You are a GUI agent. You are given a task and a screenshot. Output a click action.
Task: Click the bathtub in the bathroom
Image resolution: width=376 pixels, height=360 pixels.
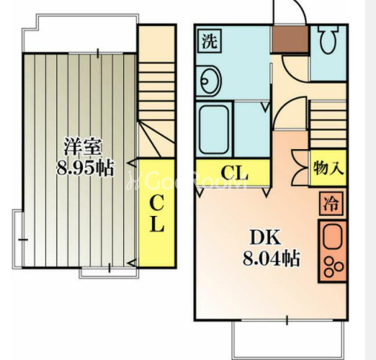coord(214,130)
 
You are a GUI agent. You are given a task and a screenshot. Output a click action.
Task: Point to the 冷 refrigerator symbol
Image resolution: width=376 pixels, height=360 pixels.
coord(331,204)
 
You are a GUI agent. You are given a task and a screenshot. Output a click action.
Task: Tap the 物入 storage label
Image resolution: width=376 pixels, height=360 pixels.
coord(328,168)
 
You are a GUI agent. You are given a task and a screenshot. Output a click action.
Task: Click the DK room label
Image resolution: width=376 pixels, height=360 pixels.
coord(265,238)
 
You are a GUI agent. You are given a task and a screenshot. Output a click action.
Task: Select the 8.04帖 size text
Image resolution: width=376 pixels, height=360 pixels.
coord(272,258)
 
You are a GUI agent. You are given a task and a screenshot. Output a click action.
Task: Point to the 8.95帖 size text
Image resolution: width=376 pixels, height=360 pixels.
coord(84,168)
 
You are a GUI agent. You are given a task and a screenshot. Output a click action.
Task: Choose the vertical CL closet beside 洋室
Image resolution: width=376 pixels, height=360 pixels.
coord(157,212)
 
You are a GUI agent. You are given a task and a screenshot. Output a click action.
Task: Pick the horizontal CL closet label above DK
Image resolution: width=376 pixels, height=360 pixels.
coord(234,173)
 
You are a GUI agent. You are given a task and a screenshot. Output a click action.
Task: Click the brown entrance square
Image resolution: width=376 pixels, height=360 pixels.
coord(290,39)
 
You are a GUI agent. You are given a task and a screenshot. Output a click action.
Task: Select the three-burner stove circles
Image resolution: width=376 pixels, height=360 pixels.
coord(333,266)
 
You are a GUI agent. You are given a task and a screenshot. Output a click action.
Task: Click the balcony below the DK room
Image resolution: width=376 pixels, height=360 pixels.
coord(288,340)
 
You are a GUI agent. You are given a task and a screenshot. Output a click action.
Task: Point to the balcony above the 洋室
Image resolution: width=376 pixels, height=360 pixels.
coord(81,33)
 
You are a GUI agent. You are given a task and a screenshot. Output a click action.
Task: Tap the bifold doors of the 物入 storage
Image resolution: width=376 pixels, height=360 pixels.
coord(300,168)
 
